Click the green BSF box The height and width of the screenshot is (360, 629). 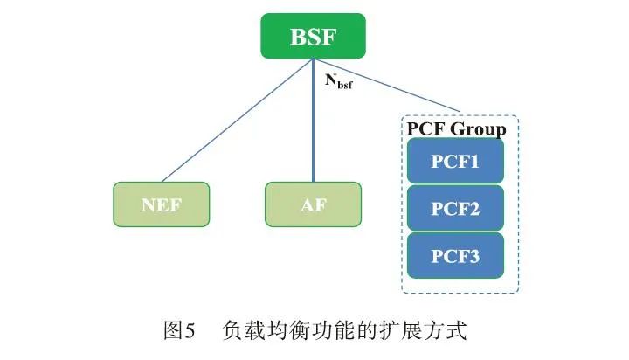(x=313, y=38)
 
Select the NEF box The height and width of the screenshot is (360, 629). (x=162, y=204)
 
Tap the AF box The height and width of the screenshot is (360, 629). (x=313, y=204)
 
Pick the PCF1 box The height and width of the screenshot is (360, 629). (x=455, y=162)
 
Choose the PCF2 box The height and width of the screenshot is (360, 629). (x=455, y=209)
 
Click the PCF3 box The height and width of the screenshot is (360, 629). (x=455, y=256)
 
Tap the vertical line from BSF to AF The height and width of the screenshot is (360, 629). (x=313, y=131)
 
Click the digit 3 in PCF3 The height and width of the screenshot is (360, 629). (x=474, y=256)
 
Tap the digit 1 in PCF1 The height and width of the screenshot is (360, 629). (x=474, y=162)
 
